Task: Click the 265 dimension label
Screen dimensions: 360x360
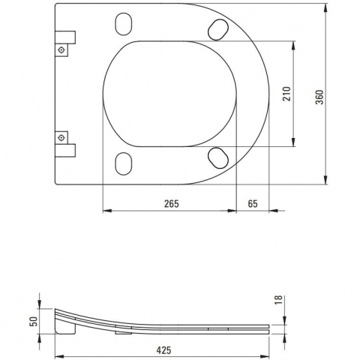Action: [x=172, y=204]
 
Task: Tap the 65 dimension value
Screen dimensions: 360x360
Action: [x=253, y=204]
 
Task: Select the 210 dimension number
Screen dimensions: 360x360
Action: [x=286, y=94]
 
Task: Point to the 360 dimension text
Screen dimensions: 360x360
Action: [x=319, y=97]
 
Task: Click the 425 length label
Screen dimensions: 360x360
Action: [x=164, y=350]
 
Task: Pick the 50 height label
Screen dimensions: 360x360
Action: [x=34, y=321]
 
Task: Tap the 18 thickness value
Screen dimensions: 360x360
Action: [x=278, y=299]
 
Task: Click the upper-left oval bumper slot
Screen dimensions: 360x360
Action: [x=124, y=24]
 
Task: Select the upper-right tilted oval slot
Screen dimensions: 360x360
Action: [x=218, y=30]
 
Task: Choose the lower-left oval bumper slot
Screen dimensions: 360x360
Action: [x=124, y=163]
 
